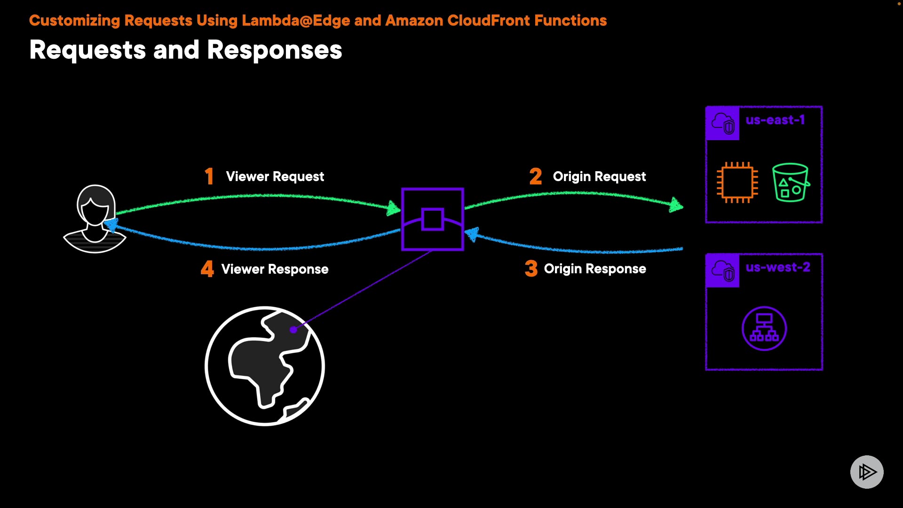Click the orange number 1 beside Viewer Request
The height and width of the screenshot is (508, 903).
point(209,176)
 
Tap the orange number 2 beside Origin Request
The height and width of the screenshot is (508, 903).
point(536,176)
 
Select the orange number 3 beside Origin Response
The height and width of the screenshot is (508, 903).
point(531,269)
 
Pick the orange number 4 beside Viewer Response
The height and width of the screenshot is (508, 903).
point(207,269)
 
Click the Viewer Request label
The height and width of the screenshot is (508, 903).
point(275,176)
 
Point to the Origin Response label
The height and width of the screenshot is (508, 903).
point(595,269)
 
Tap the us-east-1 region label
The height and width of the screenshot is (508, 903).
point(775,120)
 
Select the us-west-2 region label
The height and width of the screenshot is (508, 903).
point(778,267)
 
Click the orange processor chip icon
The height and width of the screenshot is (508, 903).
point(737,183)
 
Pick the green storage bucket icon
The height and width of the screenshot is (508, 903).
point(791,183)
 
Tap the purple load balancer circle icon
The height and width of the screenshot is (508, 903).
point(764,328)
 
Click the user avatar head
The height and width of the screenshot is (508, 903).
point(96,205)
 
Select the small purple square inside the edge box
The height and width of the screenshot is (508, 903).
point(433,219)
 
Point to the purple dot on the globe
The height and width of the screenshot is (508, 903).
point(293,330)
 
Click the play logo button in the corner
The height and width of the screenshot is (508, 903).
point(867,472)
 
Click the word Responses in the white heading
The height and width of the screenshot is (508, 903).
point(275,50)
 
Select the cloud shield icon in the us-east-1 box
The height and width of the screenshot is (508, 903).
point(723,123)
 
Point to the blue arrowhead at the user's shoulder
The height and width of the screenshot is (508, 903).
point(111,225)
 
